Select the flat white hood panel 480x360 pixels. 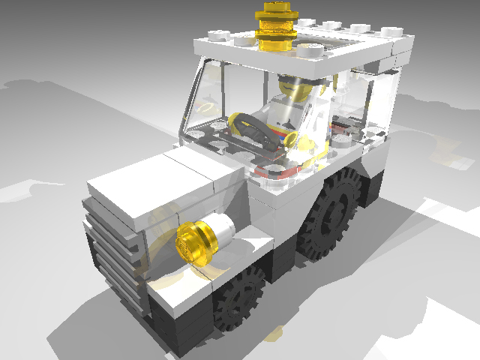point(161,187)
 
